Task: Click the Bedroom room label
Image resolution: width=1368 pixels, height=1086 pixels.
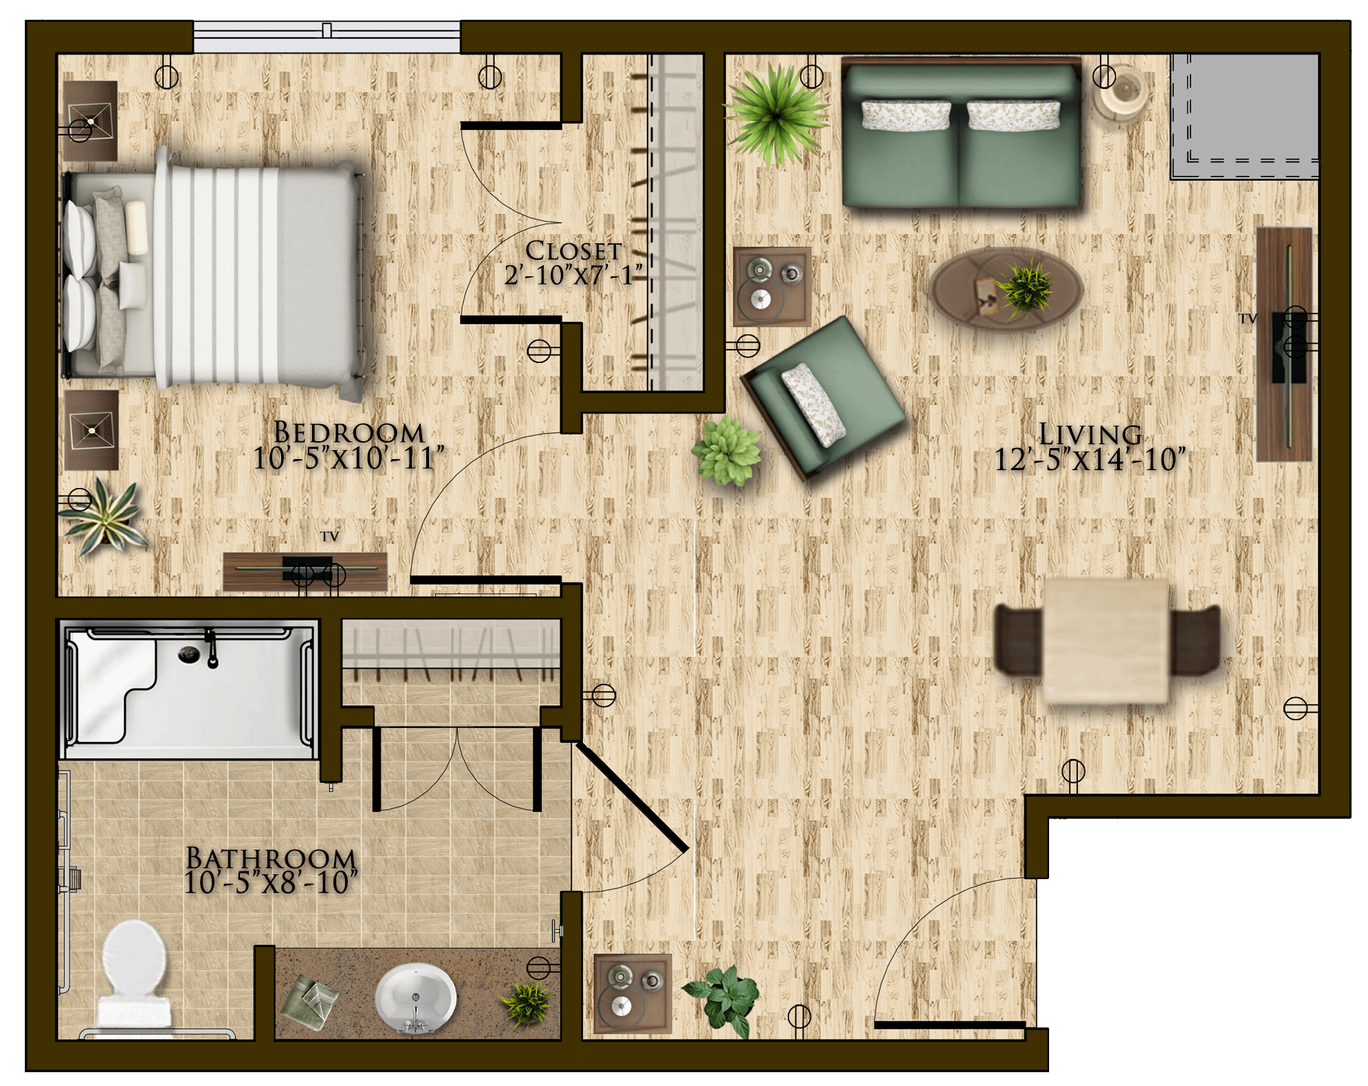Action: pos(349,433)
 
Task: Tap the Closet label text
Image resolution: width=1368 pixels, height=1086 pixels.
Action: pos(573,251)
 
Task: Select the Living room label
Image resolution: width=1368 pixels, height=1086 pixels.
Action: pos(1090,434)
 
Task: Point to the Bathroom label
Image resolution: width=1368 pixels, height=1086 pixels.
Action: pos(271,858)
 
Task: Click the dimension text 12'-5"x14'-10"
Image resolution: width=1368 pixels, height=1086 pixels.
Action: pos(1090,460)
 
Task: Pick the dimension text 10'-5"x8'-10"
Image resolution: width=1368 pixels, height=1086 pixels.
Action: pos(271,883)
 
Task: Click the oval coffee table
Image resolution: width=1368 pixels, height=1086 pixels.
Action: pos(1006,289)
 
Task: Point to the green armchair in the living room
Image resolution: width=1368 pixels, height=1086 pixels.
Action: pos(823,396)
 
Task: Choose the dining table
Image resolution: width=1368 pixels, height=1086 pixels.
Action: pos(1106,641)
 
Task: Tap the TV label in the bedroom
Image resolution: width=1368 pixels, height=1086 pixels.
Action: pos(329,536)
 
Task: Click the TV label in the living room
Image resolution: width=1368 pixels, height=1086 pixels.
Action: pos(1248,319)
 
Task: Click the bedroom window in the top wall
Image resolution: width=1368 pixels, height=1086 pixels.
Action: pos(327,36)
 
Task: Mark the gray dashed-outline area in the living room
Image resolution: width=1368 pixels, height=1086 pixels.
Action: pos(1244,116)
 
